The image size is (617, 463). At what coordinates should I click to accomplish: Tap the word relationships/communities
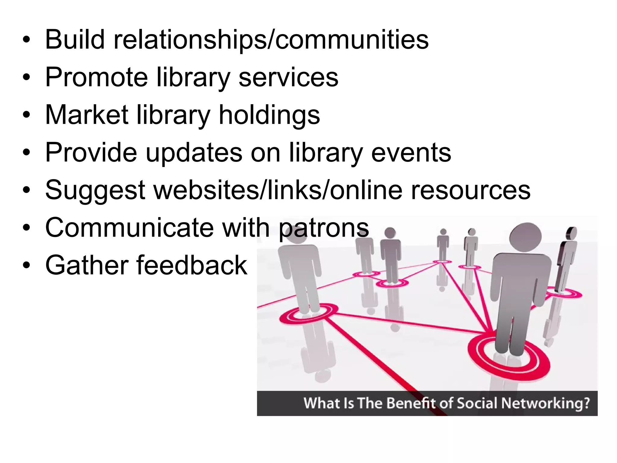click(x=271, y=40)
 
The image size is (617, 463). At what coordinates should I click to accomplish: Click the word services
click(x=288, y=77)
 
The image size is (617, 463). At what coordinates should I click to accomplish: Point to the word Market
click(x=87, y=115)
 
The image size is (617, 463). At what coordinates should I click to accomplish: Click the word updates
click(x=194, y=153)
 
